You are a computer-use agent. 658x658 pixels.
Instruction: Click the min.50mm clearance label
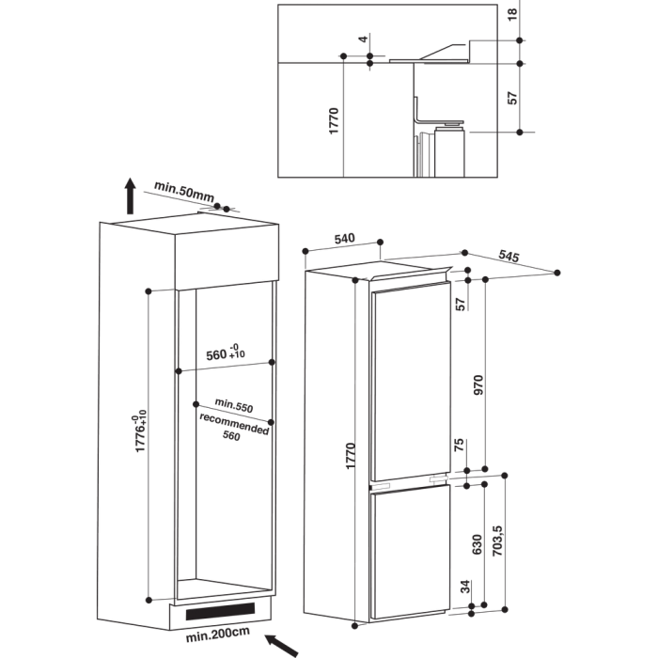[x=184, y=192]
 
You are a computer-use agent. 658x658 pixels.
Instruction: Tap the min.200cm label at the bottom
[x=218, y=634]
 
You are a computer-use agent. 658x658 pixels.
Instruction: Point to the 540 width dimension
[x=345, y=239]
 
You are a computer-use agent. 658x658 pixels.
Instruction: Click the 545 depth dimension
[x=509, y=256]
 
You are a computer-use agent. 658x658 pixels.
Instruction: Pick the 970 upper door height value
[x=478, y=384]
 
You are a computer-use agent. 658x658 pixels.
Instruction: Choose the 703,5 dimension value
[x=497, y=540]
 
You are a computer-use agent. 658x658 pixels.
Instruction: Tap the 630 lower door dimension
[x=478, y=544]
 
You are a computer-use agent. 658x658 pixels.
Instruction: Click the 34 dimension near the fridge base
[x=465, y=587]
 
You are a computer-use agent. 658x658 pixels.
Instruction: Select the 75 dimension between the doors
[x=460, y=445]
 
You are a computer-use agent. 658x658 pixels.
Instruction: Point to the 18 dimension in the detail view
[x=512, y=14]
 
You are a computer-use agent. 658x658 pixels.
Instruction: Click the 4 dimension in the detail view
[x=364, y=39]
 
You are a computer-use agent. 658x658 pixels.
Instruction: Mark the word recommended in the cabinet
[x=234, y=424]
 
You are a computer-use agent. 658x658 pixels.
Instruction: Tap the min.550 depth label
[x=234, y=405]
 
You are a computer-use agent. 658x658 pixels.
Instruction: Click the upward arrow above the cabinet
[x=131, y=196]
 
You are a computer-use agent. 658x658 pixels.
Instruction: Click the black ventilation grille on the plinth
[x=220, y=611]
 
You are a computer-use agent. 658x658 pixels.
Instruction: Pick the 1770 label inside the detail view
[x=334, y=121]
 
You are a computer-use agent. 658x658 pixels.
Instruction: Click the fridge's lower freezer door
[x=410, y=551]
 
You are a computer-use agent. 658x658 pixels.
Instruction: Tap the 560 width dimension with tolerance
[x=226, y=352]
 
